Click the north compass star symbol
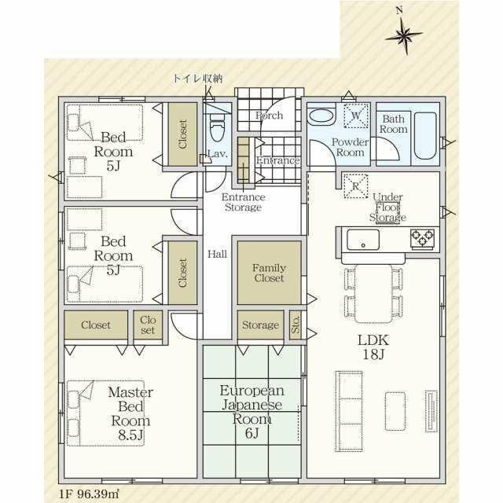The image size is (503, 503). coord(404,35)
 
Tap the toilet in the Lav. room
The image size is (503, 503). coord(217,128)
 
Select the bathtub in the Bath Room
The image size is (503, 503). coord(425,135)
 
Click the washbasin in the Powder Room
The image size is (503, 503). coord(321,116)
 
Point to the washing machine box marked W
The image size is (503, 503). coord(356,116)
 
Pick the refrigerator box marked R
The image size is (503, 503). coord(355,186)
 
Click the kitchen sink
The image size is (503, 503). coord(363,240)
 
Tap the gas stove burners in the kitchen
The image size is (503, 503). coord(423,237)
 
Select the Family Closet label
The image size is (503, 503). coord(269,273)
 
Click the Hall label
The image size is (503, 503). coord(217,254)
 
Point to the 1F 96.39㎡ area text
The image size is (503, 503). coord(89,494)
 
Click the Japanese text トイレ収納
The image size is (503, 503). coord(197,79)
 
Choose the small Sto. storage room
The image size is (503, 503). coord(296,325)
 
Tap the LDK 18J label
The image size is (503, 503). coord(373,347)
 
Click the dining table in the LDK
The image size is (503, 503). coord(373,293)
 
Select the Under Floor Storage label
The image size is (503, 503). coord(387,207)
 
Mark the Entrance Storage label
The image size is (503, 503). coord(243,202)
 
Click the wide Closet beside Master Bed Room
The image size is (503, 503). coord(96,325)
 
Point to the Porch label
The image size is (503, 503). coord(269,116)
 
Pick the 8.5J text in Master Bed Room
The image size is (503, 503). coord(130,435)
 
